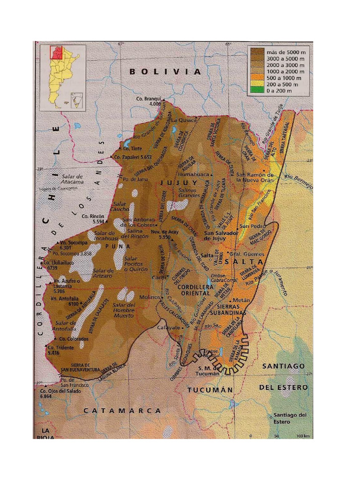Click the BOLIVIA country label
click(x=165, y=72)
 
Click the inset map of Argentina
click(x=62, y=76)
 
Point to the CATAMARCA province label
click(x=122, y=411)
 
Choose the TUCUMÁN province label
click(x=210, y=390)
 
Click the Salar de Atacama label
click(x=71, y=179)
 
